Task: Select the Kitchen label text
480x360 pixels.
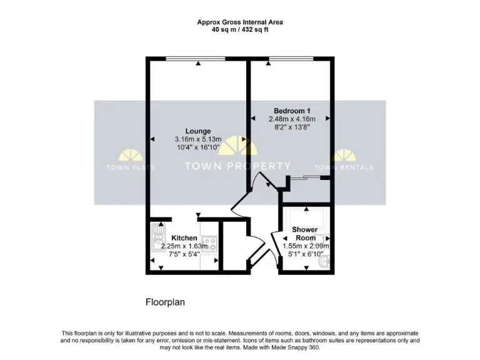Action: pos(184,238)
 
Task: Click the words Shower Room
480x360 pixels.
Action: pos(306,234)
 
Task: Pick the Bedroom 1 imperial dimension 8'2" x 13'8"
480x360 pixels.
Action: pos(289,127)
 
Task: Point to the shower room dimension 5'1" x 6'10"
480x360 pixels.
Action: pos(306,254)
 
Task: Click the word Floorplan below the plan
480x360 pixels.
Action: pos(165,302)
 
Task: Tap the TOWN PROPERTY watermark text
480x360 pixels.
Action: pos(238,166)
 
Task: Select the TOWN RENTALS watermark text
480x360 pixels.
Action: pos(344,167)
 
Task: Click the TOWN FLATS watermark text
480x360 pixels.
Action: pos(129,167)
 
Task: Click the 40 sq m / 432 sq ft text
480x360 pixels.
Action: pos(240,29)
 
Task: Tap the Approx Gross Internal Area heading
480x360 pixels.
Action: pos(240,22)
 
